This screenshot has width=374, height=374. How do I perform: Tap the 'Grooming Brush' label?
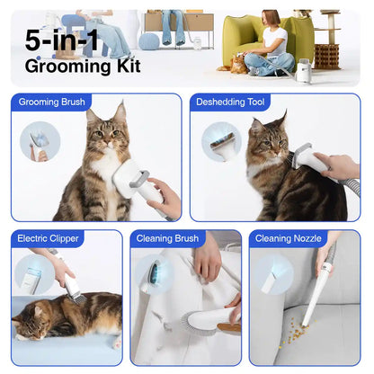click(x=52, y=102)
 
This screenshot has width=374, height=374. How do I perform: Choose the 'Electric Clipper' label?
click(x=48, y=239)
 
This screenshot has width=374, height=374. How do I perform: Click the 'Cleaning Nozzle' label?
click(x=285, y=239)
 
